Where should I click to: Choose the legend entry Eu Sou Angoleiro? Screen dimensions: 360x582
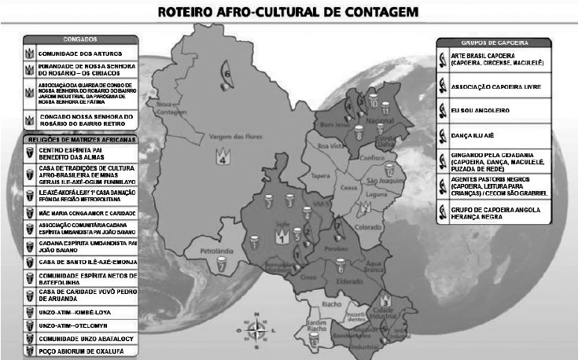coord(485,110)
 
